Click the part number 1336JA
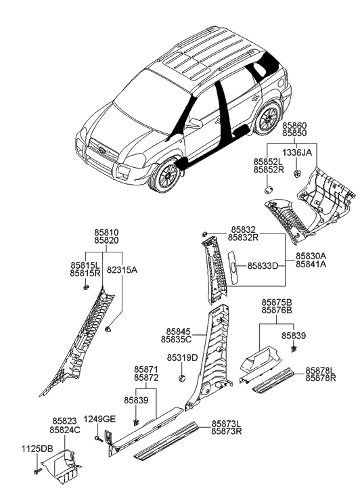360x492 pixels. [x=297, y=153]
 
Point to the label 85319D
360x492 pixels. [x=183, y=357]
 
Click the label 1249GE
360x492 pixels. [x=100, y=420]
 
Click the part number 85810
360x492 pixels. [x=108, y=231]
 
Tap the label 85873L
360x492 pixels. [x=226, y=422]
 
